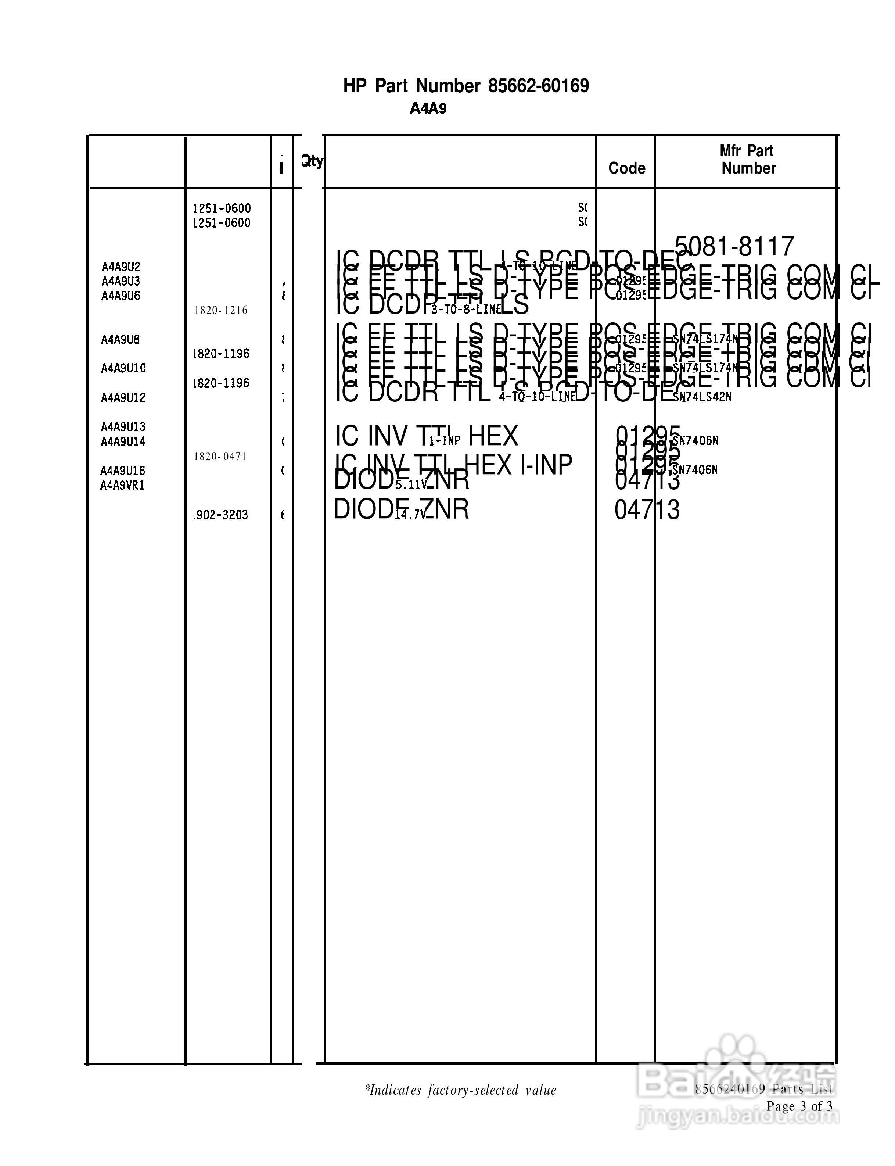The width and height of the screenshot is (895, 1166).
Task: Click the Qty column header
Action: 312,161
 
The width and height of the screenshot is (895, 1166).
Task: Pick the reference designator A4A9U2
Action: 121,267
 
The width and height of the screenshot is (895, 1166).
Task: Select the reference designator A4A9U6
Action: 121,296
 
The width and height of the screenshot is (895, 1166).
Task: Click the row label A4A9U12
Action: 123,397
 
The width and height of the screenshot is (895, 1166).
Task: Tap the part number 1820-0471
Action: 220,456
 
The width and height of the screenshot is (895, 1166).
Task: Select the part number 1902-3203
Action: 220,515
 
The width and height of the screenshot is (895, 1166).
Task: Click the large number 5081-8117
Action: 734,247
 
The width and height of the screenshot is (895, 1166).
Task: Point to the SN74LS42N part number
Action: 702,397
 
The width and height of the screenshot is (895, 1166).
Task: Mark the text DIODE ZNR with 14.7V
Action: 401,510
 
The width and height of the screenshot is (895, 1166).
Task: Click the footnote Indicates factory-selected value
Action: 460,1090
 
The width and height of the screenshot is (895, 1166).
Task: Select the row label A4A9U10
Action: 123,368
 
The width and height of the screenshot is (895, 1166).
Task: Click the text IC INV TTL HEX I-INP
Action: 453,465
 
